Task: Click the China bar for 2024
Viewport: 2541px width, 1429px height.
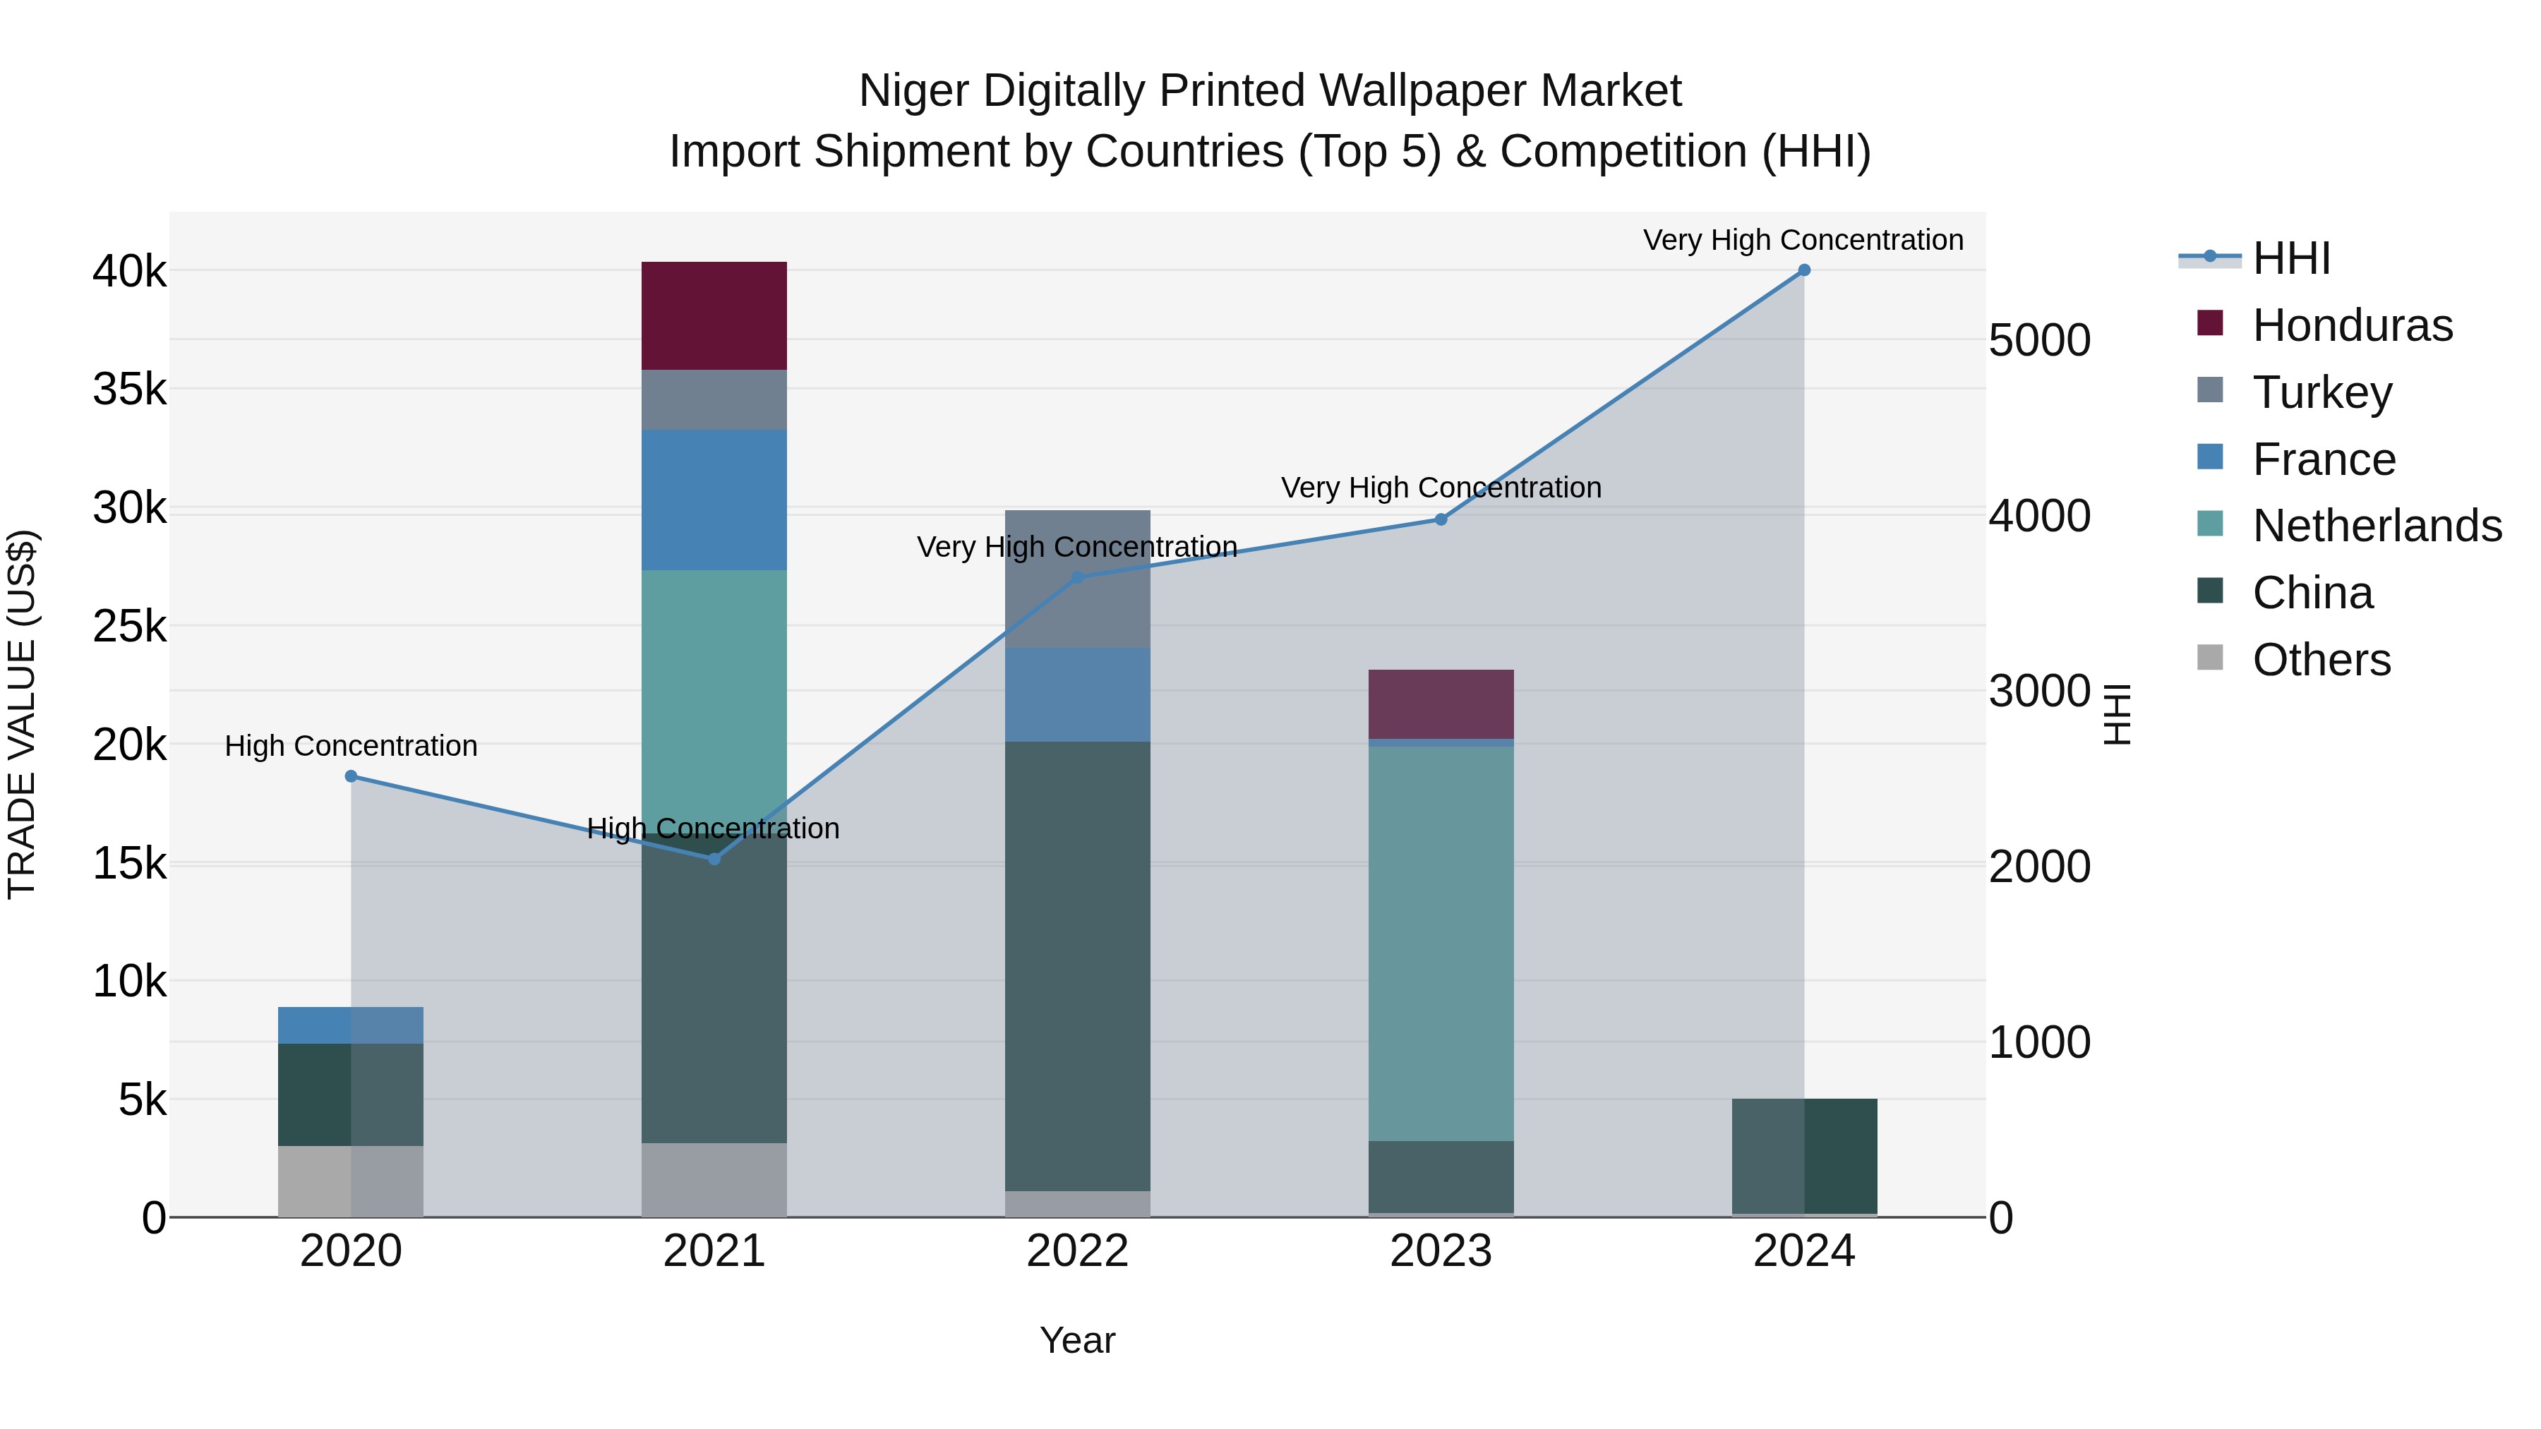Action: [x=1804, y=1156]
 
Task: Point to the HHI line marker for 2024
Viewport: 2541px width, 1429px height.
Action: [x=1804, y=270]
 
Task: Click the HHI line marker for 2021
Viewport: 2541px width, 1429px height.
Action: [x=714, y=859]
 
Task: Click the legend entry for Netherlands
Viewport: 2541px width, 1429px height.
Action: [x=2377, y=526]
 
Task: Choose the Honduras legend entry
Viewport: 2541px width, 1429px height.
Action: [x=2352, y=325]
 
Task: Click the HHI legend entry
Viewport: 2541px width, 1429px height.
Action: [x=2290, y=258]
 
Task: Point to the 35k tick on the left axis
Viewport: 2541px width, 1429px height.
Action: [x=129, y=390]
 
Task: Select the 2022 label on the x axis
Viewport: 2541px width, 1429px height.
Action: [x=1077, y=1251]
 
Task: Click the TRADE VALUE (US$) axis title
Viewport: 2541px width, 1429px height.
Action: [x=22, y=714]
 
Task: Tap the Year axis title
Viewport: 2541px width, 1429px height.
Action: [x=1077, y=1340]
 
